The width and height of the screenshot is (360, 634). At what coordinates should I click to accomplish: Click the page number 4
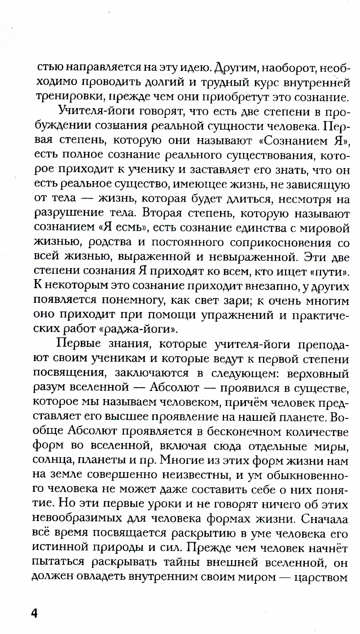point(35,612)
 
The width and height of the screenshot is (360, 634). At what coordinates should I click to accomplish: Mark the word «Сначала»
point(324,519)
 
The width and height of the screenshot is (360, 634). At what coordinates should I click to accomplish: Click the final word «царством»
point(321,577)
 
